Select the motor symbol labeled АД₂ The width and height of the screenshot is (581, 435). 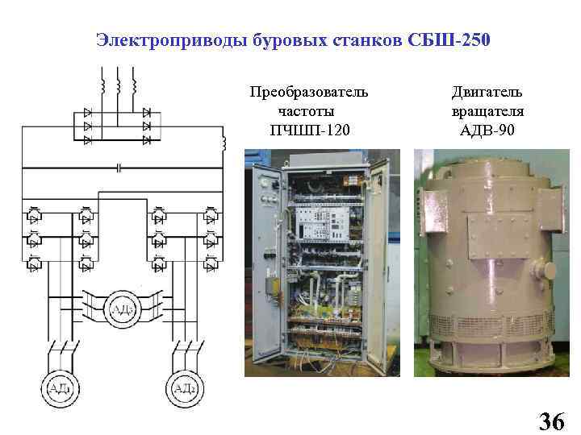coord(184,390)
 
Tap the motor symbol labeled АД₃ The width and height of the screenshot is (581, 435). coord(121,309)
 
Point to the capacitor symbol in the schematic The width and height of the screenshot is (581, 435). coord(119,168)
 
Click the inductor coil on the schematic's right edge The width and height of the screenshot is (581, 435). coord(224,144)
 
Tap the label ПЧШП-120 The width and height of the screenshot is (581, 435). coord(310,130)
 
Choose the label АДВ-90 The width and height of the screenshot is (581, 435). coord(487,130)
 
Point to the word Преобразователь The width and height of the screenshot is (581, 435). coord(310,92)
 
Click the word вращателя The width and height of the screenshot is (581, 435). coord(487,110)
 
